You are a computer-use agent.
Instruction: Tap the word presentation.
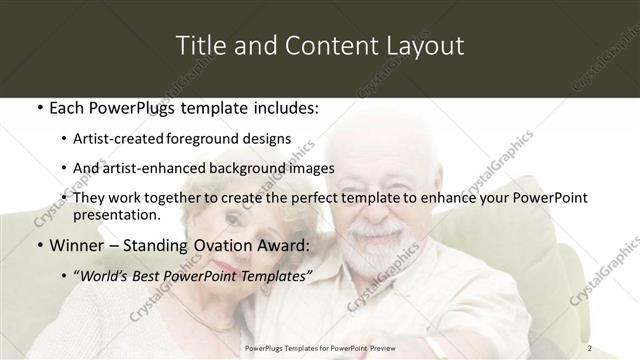click(x=116, y=214)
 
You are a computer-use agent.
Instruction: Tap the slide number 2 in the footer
click(x=590, y=347)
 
